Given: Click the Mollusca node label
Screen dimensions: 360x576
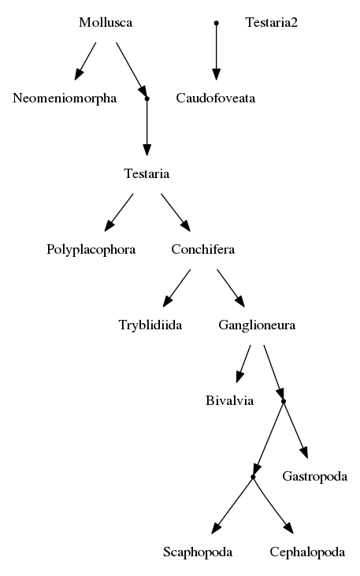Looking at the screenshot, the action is pyautogui.click(x=106, y=22).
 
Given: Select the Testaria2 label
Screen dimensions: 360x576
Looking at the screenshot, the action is pyautogui.click(x=272, y=22).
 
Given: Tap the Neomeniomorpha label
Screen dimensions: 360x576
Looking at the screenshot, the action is pyautogui.click(x=65, y=98).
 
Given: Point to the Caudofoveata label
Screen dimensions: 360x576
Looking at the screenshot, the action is pyautogui.click(x=216, y=98).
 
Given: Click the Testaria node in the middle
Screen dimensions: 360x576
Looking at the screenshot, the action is pyautogui.click(x=147, y=174).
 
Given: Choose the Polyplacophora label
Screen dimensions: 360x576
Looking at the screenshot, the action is pyautogui.click(x=91, y=250).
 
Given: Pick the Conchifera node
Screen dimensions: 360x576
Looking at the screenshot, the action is pyautogui.click(x=202, y=250).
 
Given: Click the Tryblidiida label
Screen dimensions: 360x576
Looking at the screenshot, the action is pyautogui.click(x=150, y=325).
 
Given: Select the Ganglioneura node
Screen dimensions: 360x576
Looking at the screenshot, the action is pyautogui.click(x=257, y=325).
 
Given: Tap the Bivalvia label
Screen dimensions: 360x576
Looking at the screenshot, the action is pyautogui.click(x=229, y=400).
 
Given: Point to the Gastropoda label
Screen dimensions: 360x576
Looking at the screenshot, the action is pyautogui.click(x=315, y=477).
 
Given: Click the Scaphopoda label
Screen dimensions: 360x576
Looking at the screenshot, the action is pyautogui.click(x=198, y=552).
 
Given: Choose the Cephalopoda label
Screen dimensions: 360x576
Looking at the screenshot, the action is pyautogui.click(x=307, y=552).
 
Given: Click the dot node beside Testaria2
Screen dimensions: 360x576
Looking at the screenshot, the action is pyautogui.click(x=217, y=23).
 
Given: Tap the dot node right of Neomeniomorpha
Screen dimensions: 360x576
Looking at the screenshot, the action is pyautogui.click(x=147, y=98).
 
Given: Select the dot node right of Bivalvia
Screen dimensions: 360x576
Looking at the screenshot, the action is pyautogui.click(x=284, y=402).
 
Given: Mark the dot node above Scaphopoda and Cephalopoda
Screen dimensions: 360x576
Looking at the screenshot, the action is pyautogui.click(x=253, y=478).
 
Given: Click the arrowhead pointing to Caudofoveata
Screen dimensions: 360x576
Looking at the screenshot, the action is pyautogui.click(x=217, y=74).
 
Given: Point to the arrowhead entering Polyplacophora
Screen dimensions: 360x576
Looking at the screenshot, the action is pyautogui.click(x=109, y=225).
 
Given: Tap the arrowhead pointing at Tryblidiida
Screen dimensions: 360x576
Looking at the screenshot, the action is pyautogui.click(x=168, y=301).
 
